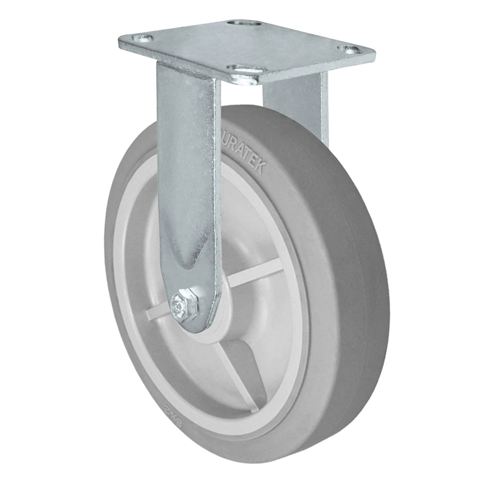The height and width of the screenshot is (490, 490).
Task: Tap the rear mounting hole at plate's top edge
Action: pyautogui.click(x=241, y=24)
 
